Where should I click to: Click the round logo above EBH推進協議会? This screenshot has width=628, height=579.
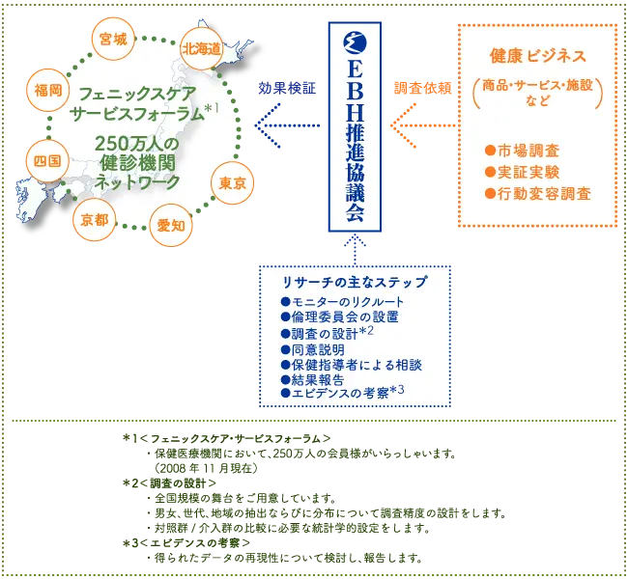[355, 42]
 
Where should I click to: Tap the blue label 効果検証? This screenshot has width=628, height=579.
[287, 88]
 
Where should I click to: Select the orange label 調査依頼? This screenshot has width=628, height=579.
[423, 88]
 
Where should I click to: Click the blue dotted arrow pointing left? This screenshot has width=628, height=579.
[287, 125]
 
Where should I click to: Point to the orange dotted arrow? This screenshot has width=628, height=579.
[423, 125]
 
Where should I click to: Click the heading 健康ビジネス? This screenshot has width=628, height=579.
[538, 56]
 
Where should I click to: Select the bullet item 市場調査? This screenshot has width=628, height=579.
[522, 151]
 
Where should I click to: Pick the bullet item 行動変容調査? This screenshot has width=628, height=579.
[538, 194]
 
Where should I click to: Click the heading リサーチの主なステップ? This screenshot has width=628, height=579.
[355, 282]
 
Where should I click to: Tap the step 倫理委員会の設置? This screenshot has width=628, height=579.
[340, 317]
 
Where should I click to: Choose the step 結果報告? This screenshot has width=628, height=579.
[312, 379]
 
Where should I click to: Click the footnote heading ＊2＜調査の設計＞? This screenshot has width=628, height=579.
[169, 483]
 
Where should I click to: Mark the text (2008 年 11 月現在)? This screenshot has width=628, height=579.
[206, 468]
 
